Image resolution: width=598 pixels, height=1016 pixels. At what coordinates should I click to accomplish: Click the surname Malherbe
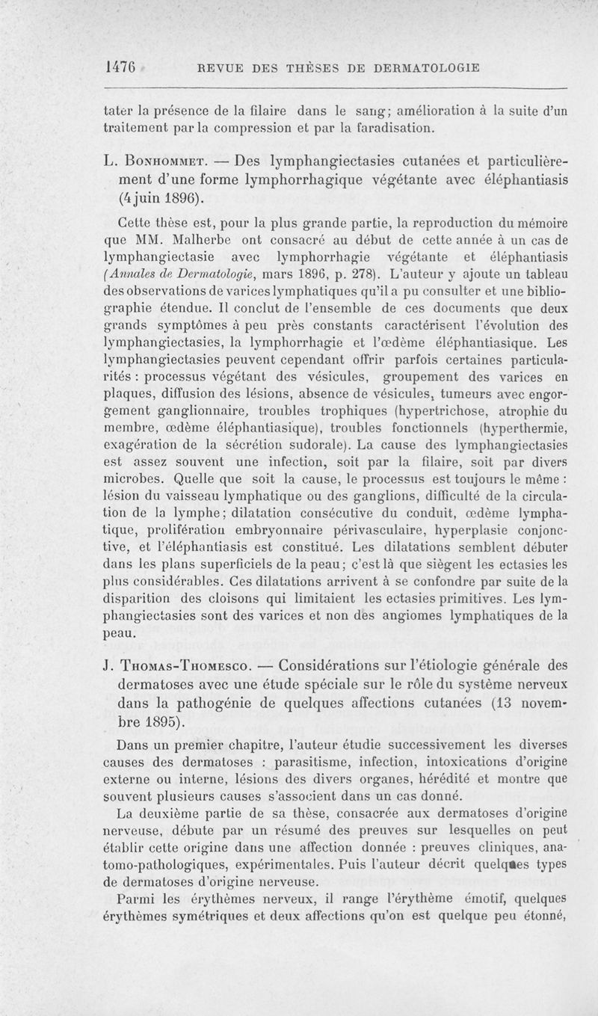205,241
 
